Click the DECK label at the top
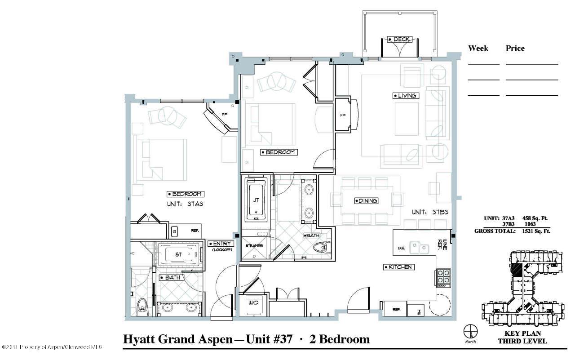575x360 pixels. coord(399,40)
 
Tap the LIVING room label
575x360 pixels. coord(406,96)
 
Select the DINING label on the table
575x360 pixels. coord(366,201)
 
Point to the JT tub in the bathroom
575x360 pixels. coord(256,200)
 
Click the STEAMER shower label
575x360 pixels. coord(254,246)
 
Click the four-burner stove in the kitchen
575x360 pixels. coord(443,277)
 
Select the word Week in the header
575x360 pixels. coord(478,48)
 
